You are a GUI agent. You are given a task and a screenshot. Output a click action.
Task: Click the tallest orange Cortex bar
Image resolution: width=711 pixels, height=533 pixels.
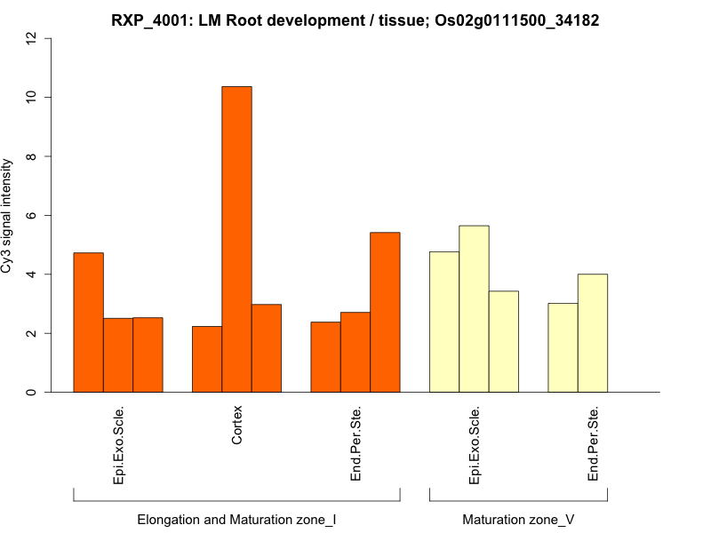click(236, 239)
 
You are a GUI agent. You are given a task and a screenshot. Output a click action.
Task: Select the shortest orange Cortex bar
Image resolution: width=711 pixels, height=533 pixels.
click(207, 359)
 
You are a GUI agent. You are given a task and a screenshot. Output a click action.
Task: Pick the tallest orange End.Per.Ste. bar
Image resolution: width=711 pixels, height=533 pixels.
click(385, 312)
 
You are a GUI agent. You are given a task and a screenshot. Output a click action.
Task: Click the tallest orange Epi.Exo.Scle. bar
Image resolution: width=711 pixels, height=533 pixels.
click(88, 322)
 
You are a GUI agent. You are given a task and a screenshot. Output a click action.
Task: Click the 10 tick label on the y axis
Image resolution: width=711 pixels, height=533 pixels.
click(33, 97)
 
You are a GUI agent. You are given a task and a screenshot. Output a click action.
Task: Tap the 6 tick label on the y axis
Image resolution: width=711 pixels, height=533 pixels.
click(33, 215)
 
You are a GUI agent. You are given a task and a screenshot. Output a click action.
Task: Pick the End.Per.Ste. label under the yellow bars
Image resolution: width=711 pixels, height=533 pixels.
click(593, 444)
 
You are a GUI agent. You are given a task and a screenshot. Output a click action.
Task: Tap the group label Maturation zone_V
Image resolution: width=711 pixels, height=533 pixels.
click(518, 519)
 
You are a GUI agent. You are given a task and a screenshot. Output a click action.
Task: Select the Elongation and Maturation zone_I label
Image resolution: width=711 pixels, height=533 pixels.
click(236, 519)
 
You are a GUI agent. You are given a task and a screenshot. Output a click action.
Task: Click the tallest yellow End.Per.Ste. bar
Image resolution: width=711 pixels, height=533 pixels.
click(593, 333)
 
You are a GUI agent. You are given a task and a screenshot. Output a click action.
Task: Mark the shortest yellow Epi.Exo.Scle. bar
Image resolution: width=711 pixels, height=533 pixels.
click(504, 341)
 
